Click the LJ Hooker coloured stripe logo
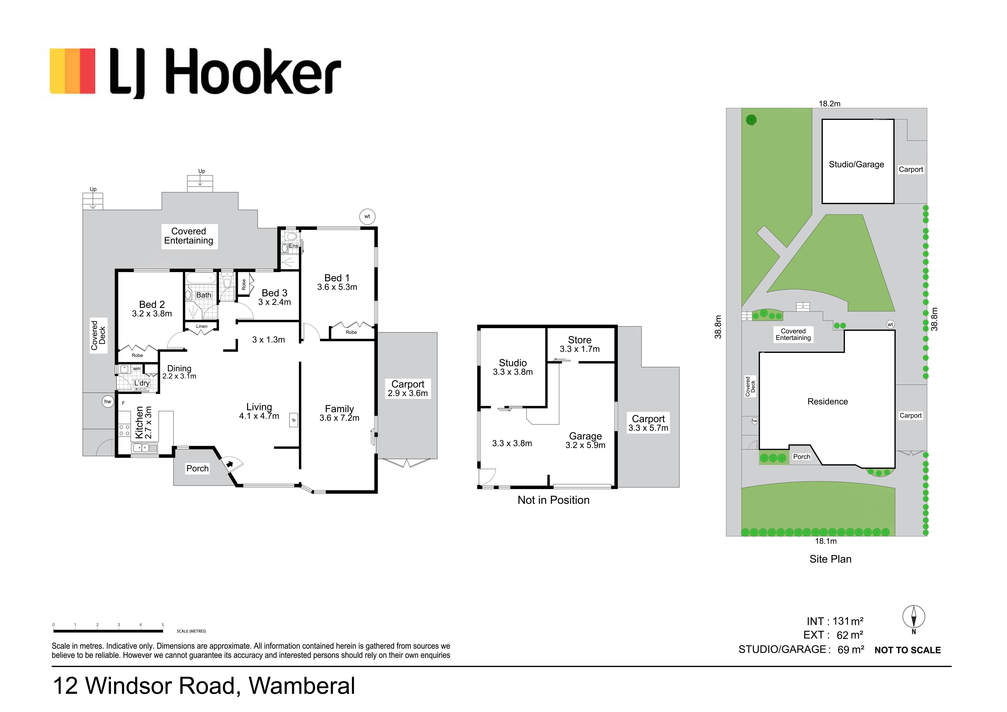click(72, 71)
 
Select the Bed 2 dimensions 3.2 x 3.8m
click(152, 314)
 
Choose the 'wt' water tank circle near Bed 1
click(367, 216)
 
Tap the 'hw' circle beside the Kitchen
click(107, 401)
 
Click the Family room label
click(339, 409)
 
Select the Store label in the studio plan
click(579, 340)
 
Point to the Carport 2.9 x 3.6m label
click(407, 389)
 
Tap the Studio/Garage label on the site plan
click(856, 165)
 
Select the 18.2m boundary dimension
click(829, 104)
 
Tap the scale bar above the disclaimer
click(108, 631)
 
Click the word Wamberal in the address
click(302, 686)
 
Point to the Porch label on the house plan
click(197, 468)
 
